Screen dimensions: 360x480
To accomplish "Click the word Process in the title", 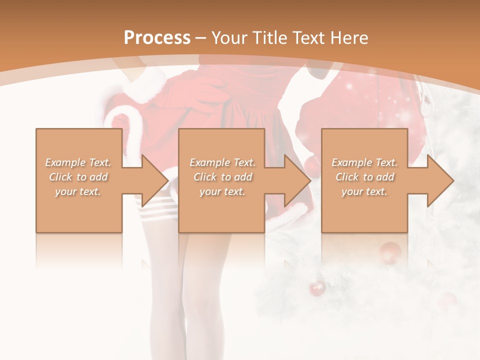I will tap(157, 38).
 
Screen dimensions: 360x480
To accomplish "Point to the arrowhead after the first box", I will tap(153, 180).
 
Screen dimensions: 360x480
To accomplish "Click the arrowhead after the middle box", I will tap(296, 180).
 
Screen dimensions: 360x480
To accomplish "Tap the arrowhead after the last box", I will tap(439, 180).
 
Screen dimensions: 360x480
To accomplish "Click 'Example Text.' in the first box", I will tap(78, 162).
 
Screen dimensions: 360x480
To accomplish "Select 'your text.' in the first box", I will tap(78, 191).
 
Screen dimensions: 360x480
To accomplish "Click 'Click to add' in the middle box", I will tap(222, 177).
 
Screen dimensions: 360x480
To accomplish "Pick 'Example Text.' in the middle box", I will tap(222, 162).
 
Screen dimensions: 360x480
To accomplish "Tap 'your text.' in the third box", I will tap(364, 191).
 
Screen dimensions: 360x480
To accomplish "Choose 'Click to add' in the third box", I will tap(364, 177).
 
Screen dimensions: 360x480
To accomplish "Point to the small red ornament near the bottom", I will tap(317, 288).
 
